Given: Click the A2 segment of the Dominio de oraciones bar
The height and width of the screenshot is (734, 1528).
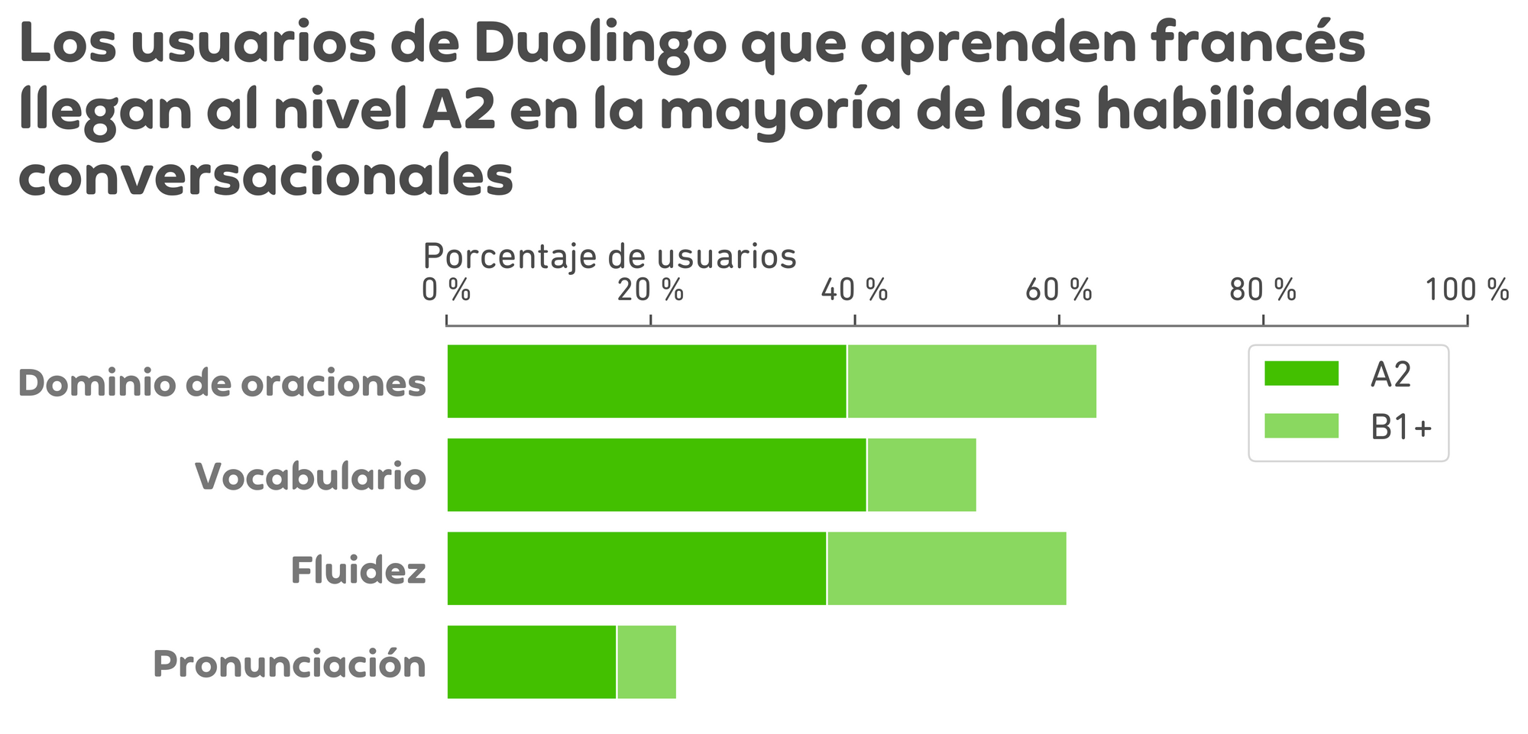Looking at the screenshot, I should (x=646, y=381).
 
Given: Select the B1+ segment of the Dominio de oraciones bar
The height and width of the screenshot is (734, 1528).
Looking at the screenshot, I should (x=972, y=381).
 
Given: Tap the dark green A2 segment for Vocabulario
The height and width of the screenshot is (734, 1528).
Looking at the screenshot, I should (x=656, y=475).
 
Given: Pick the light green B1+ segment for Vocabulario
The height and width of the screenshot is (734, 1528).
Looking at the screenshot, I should (x=921, y=475).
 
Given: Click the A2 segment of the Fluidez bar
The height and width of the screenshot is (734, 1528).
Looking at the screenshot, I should (x=636, y=568).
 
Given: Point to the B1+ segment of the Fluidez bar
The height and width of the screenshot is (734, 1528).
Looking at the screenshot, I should (x=947, y=568).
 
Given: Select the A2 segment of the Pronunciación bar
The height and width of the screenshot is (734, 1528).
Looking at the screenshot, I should (x=531, y=662).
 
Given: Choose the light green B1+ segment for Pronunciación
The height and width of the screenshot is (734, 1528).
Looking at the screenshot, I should (x=646, y=662).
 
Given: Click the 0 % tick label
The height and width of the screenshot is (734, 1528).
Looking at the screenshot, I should (x=447, y=291).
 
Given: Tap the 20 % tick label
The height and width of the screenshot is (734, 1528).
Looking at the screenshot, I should (x=650, y=291).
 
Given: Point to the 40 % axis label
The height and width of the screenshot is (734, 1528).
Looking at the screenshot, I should (x=854, y=291).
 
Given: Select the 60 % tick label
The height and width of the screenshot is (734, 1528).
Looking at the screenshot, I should (x=1059, y=291).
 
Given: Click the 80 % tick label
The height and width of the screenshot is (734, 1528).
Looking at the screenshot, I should (x=1263, y=291).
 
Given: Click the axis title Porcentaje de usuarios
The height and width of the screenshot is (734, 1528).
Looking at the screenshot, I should (x=610, y=257).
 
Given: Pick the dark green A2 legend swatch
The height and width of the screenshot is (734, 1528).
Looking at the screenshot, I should (x=1302, y=373).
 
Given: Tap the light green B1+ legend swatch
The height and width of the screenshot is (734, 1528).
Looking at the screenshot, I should (x=1302, y=426).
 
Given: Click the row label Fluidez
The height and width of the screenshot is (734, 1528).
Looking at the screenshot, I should (x=358, y=571).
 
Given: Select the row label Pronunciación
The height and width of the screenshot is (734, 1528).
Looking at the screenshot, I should (x=290, y=664).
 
